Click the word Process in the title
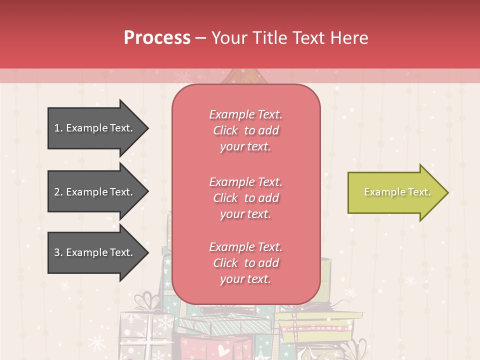point(157,38)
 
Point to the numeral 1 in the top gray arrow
point(56,128)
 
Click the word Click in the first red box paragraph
point(225,130)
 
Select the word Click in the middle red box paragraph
point(225,198)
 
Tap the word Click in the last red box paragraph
point(225,263)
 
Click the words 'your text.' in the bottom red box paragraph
point(245,279)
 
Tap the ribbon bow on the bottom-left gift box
point(152,301)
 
